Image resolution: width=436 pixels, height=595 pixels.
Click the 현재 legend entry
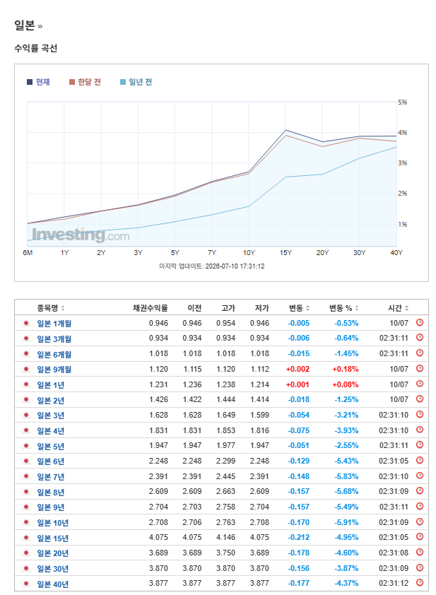pos(38,82)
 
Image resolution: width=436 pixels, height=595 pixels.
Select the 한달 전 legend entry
pos(85,82)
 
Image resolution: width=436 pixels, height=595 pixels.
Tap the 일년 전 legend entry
pos(136,82)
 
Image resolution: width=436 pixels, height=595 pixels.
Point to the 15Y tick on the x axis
pos(285,253)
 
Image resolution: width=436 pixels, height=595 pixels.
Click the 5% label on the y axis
pos(403,102)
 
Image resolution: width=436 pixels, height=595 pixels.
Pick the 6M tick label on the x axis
pos(28,253)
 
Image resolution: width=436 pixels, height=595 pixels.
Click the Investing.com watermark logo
pos(81,235)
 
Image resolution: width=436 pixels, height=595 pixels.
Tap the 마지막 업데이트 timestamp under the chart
pos(212,266)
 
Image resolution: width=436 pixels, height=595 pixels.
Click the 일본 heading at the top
pos(25,25)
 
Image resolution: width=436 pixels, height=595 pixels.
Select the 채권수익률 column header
pos(151,308)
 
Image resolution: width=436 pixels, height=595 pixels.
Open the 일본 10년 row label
pos(53,523)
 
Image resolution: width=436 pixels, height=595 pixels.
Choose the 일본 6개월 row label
pos(54,355)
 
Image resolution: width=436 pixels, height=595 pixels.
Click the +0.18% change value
pos(346,369)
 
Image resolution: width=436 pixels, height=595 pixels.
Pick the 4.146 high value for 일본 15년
pos(226,538)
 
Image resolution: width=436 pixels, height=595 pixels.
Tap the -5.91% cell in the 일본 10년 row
pos(346,522)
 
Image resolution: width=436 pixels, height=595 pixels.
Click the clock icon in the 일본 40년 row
pos(420,582)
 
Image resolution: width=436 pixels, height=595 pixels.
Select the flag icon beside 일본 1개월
pos(26,324)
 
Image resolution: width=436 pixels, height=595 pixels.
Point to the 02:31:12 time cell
pos(394,584)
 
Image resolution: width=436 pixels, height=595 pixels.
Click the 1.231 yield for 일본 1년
pos(158,385)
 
